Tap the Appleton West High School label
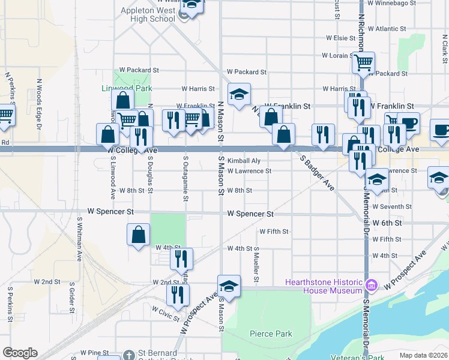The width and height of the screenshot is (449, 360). point(148,14)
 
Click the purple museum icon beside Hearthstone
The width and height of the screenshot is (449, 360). point(371,283)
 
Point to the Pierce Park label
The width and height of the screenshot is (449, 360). point(270,334)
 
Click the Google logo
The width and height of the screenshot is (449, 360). point(20,353)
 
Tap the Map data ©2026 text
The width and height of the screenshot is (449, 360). point(423,355)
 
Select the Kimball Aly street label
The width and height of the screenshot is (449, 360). point(244,161)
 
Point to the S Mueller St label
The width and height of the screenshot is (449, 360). point(256,264)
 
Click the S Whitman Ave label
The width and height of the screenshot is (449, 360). point(79,238)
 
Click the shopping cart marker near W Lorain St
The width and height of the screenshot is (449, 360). point(363,61)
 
